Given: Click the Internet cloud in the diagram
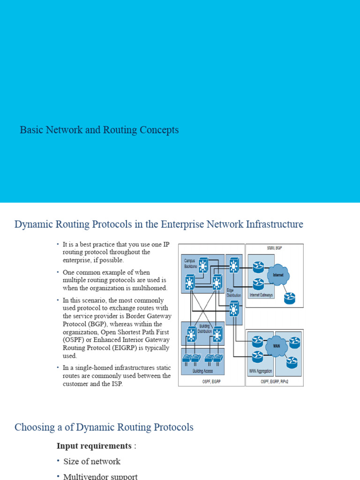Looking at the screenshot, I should [x=278, y=275].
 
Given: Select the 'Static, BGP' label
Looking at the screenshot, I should [x=274, y=247].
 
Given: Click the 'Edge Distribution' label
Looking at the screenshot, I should [x=233, y=293].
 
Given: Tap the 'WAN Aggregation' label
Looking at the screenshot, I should [x=260, y=371].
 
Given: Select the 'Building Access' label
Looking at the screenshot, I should [x=202, y=371].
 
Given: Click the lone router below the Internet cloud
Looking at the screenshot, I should [x=290, y=297].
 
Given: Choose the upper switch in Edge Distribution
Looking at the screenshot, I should [x=234, y=266].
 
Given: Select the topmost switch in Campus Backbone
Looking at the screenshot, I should [x=203, y=266].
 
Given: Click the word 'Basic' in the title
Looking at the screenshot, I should [x=30, y=130].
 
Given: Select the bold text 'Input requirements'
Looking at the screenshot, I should [x=94, y=446].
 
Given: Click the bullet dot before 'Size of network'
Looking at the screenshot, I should [x=59, y=461].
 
